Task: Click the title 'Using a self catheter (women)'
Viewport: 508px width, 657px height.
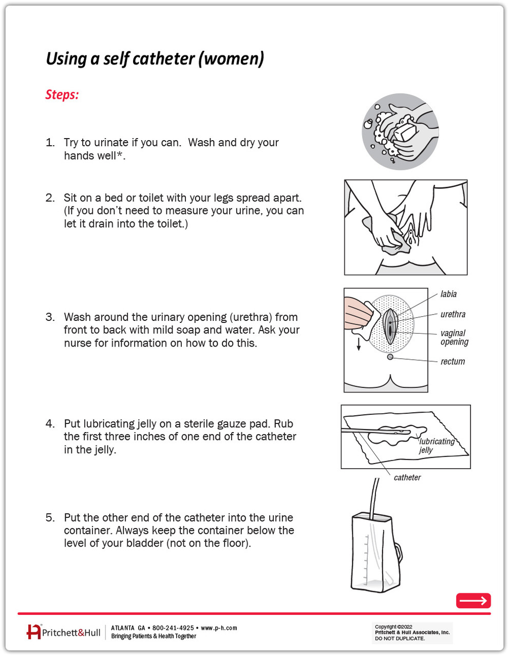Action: (x=155, y=59)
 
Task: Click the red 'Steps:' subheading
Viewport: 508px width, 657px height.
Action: (x=62, y=95)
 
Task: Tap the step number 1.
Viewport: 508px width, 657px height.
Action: (x=50, y=143)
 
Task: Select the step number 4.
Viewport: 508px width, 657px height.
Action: (x=50, y=424)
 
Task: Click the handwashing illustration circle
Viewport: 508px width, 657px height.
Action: (x=400, y=132)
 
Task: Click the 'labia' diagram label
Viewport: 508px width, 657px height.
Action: (x=448, y=294)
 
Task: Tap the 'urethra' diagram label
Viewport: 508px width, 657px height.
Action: (x=453, y=314)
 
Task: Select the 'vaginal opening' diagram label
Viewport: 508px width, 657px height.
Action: (x=454, y=337)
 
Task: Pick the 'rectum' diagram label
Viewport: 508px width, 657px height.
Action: (x=453, y=361)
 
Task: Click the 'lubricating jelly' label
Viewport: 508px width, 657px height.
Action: (x=436, y=446)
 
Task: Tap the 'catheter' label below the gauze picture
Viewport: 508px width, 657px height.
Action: (x=407, y=477)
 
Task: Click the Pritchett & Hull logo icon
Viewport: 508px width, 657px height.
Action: (x=33, y=632)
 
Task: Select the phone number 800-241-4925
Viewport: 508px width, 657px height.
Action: (x=173, y=628)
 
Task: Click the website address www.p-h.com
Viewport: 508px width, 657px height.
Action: (x=219, y=628)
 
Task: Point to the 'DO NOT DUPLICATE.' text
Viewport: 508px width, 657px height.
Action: (x=400, y=639)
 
